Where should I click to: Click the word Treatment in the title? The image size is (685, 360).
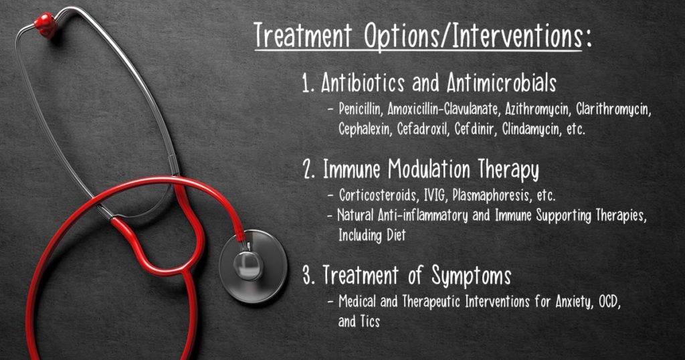[x=303, y=35]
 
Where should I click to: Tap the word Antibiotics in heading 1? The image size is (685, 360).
[x=363, y=82]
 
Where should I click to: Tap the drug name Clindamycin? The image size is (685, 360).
[x=532, y=130]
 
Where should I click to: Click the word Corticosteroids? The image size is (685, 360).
[x=378, y=195]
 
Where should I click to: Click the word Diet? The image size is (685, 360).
[x=396, y=236]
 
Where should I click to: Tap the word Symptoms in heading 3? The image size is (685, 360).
[x=471, y=276]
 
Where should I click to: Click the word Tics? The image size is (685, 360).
[x=370, y=322]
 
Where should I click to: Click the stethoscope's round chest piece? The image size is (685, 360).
[x=252, y=266]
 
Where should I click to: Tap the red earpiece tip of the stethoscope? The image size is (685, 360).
[x=46, y=24]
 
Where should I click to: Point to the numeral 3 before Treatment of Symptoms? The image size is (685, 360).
[x=308, y=276]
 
